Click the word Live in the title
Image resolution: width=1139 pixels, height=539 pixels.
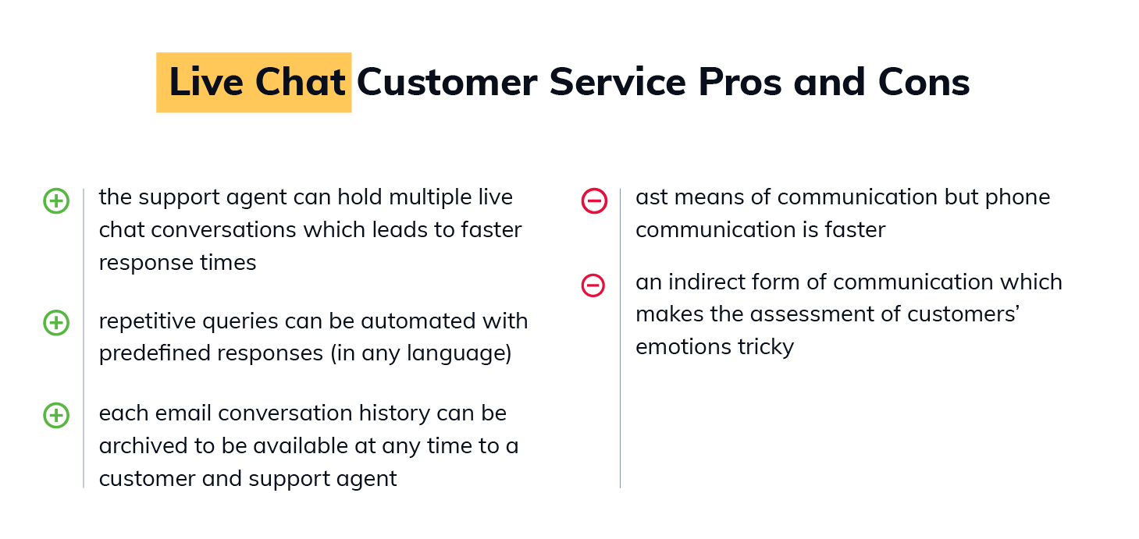(x=206, y=82)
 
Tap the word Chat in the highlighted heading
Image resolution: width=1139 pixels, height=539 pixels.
(x=301, y=82)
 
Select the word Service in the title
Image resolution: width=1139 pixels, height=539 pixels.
(x=618, y=82)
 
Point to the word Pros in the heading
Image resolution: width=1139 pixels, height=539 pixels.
(x=740, y=82)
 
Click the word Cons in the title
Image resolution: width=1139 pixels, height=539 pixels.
(x=924, y=82)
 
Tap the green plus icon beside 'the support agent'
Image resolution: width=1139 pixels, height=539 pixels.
(x=56, y=201)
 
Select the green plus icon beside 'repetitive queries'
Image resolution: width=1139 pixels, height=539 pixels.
(x=56, y=323)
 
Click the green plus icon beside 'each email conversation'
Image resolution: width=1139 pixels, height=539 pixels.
(x=56, y=416)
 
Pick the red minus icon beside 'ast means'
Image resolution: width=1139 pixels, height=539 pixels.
(x=594, y=201)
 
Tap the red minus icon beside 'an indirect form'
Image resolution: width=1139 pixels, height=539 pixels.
(x=593, y=285)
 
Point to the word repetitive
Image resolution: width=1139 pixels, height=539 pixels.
(x=148, y=321)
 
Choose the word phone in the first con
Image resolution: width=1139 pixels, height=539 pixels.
(x=1017, y=197)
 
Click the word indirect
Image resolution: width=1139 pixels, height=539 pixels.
(x=707, y=282)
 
